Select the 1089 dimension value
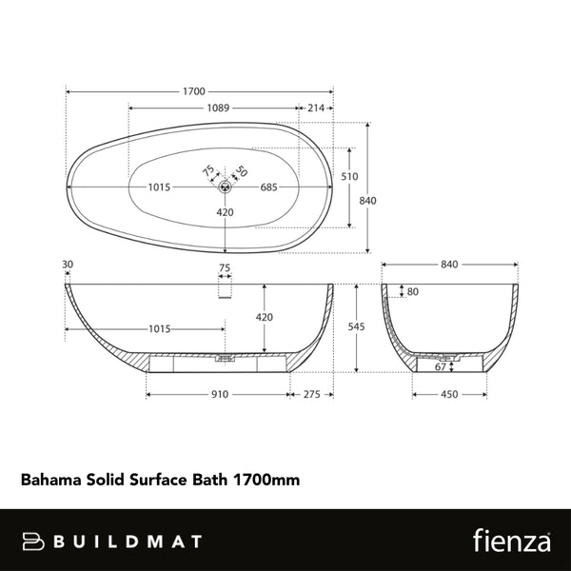tap(218, 108)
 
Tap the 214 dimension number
tap(315, 108)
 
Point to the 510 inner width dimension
tap(349, 176)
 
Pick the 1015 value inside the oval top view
tap(159, 187)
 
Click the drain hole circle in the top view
tap(225, 187)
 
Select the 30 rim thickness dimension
tap(67, 265)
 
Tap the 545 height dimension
tap(357, 326)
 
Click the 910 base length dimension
tap(218, 393)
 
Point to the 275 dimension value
tap(310, 393)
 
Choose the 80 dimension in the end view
tap(412, 291)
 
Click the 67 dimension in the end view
tap(440, 366)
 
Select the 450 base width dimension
tap(449, 393)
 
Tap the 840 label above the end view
tap(450, 265)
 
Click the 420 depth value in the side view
tap(266, 317)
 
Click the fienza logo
tap(512, 541)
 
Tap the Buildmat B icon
tap(33, 541)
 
